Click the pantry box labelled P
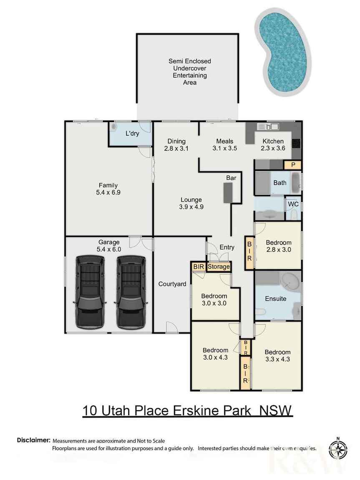293,165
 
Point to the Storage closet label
219,266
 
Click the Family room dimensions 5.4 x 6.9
108,192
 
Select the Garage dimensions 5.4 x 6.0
109,249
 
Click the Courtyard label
172,284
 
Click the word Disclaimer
33,440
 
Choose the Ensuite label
276,298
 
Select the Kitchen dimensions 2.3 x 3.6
273,148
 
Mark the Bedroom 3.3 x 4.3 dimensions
277,359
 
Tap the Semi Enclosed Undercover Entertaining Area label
186,72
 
